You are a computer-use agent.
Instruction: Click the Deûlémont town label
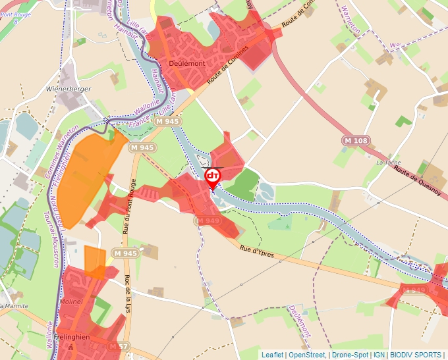click(186, 63)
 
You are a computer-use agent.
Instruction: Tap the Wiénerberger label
click(69, 88)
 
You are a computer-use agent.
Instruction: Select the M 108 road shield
click(355, 141)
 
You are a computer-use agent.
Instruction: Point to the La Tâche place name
click(388, 162)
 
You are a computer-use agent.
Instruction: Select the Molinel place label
click(71, 301)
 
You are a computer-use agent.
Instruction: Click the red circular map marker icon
click(213, 176)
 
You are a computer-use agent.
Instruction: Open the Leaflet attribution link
click(273, 355)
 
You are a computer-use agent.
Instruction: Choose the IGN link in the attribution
click(379, 355)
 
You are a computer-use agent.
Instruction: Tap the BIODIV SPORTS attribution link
click(416, 355)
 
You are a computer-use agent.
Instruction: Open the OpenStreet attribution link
click(307, 355)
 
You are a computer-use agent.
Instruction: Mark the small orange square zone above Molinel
click(95, 259)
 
